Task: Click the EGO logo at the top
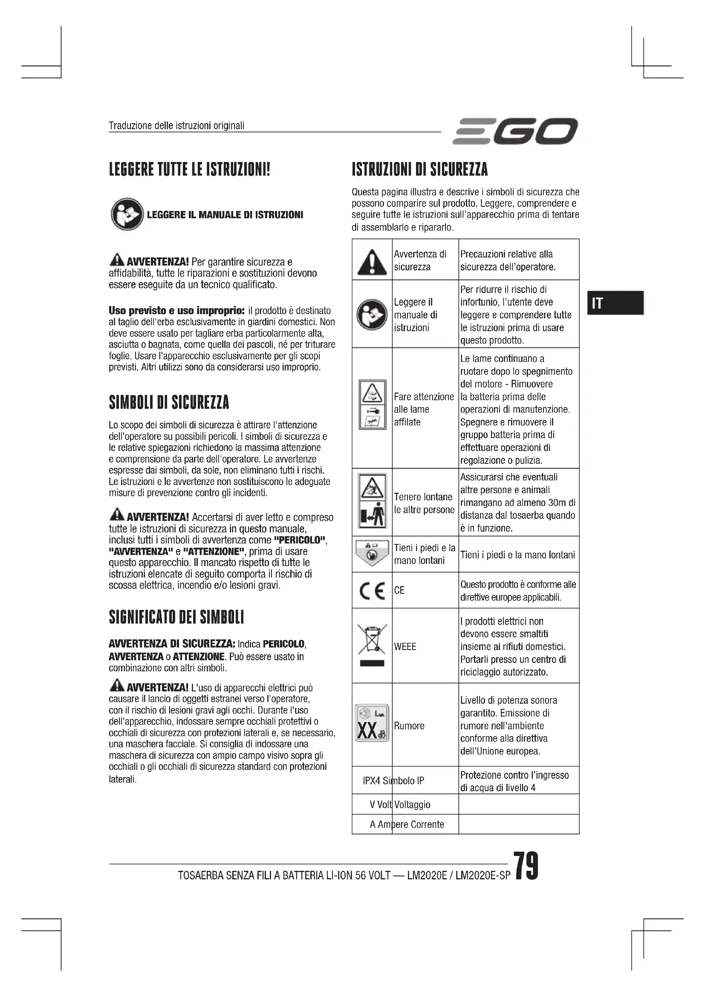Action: click(515, 131)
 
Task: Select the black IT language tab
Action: click(615, 303)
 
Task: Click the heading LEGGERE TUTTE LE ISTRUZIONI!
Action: click(189, 169)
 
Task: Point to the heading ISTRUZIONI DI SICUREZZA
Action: click(419, 169)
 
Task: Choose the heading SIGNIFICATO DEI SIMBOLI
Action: click(176, 617)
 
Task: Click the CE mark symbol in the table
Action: click(372, 590)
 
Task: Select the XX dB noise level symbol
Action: click(372, 723)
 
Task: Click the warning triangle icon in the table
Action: click(372, 262)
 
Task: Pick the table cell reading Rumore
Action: click(409, 725)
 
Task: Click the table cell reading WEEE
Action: click(405, 647)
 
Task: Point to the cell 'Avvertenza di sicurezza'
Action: click(420, 260)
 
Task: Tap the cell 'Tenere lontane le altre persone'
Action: click(423, 503)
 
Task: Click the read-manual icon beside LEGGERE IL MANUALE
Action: click(127, 214)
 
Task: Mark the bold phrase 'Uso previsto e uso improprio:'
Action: click(177, 310)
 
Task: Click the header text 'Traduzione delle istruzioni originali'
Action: click(176, 125)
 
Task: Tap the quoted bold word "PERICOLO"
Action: click(300, 540)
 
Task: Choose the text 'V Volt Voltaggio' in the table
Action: click(400, 805)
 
